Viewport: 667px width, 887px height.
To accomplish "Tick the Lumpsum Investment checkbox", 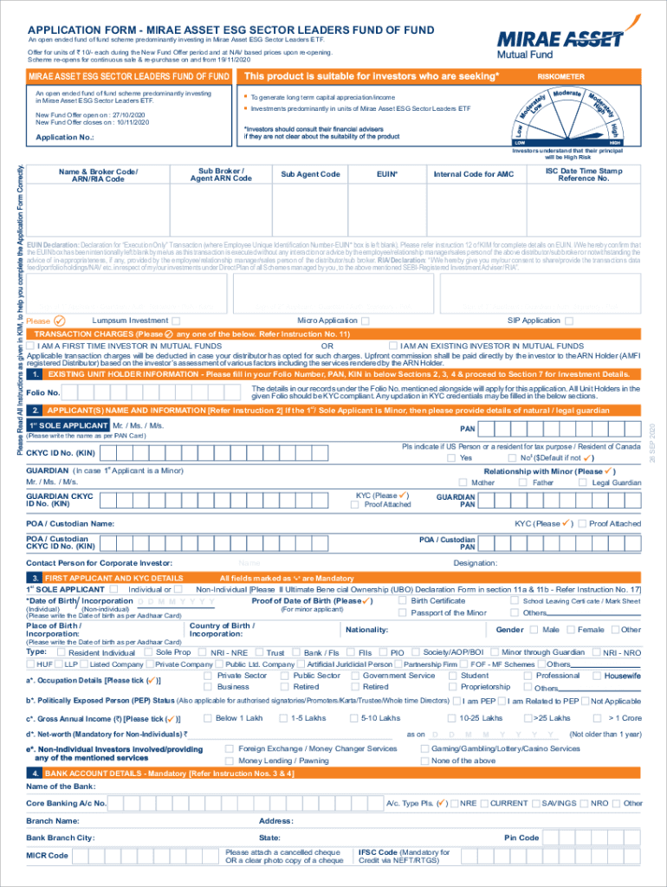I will click(x=176, y=321).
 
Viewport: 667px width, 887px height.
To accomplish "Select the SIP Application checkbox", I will click(x=568, y=321).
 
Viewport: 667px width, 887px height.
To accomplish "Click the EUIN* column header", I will click(x=387, y=174).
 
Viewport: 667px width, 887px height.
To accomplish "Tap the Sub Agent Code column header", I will click(x=310, y=174).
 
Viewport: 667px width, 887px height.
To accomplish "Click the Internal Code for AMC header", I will click(x=473, y=174).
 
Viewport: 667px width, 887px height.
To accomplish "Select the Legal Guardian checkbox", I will click(x=584, y=482).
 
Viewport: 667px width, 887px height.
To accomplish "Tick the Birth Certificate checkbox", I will click(x=403, y=600).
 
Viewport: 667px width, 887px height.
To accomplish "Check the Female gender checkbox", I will click(x=570, y=630).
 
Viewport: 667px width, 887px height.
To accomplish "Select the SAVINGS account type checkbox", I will click(x=534, y=803).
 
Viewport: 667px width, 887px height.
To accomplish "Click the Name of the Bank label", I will click(x=61, y=787).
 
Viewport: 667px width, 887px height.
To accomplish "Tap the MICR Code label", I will click(x=48, y=856).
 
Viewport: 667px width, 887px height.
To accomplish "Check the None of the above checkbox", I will click(x=424, y=761).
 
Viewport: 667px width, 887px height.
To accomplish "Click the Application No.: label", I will click(x=64, y=137).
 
